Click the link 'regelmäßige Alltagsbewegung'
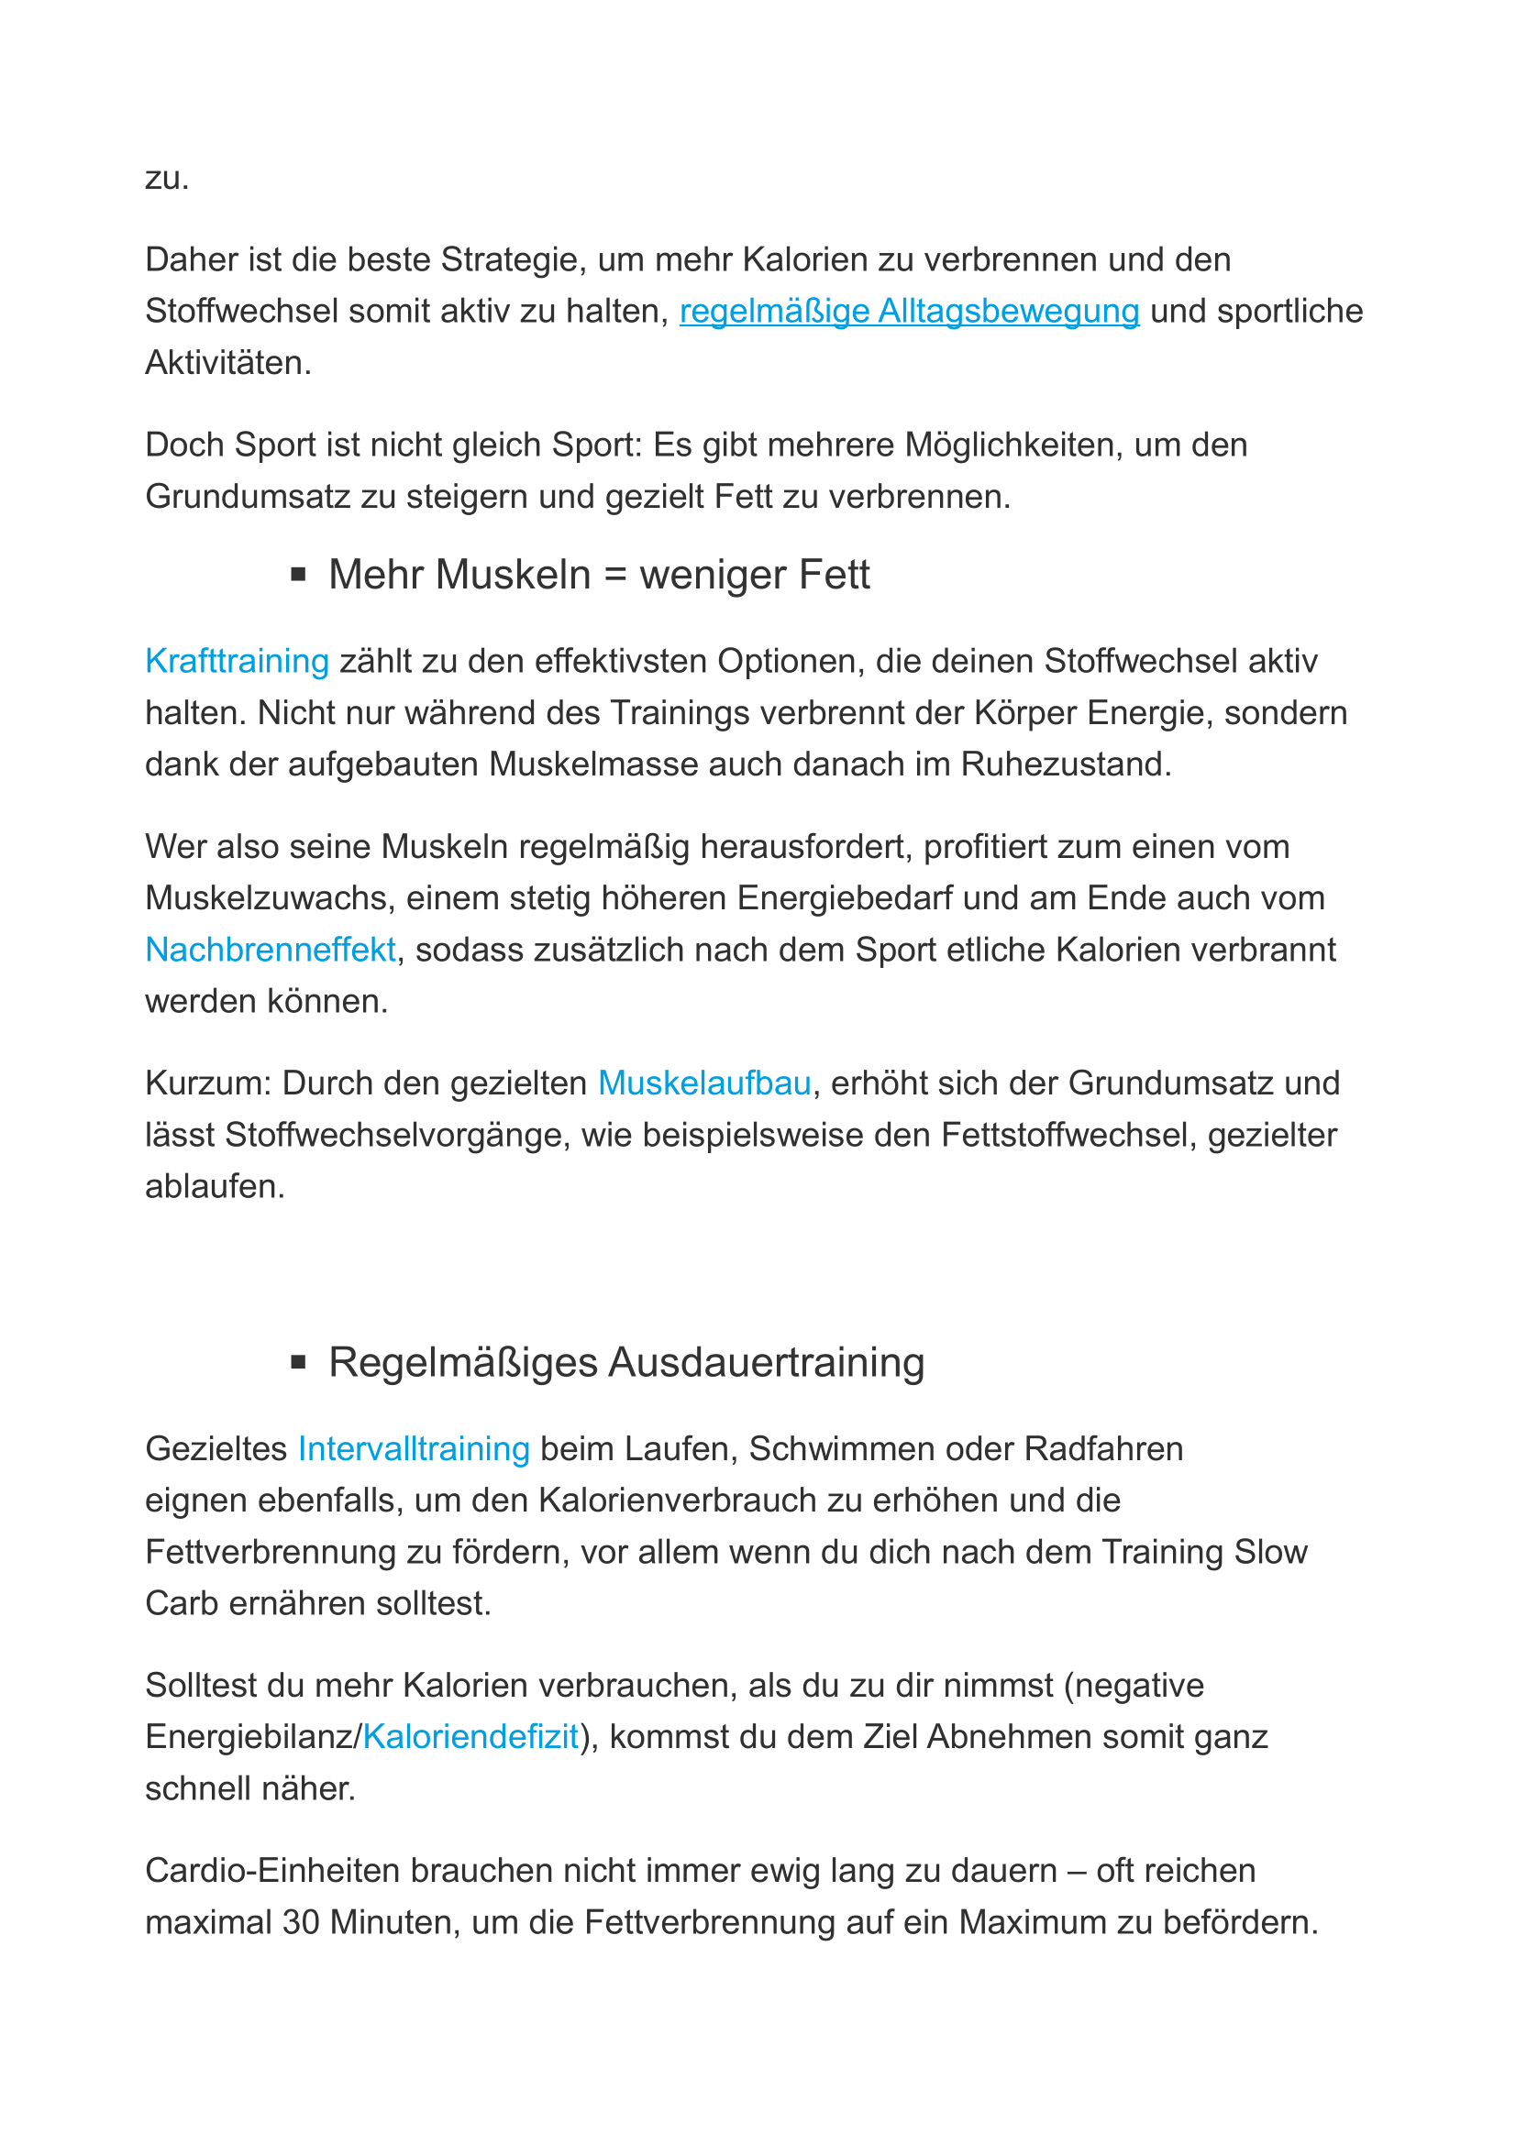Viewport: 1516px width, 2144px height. pyautogui.click(x=909, y=311)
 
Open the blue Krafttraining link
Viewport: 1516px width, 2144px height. pyautogui.click(x=238, y=661)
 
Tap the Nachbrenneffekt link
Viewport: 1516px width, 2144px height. pyautogui.click(x=271, y=950)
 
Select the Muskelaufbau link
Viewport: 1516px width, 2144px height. pyautogui.click(x=704, y=1083)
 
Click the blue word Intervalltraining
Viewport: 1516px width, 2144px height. pyautogui.click(x=414, y=1448)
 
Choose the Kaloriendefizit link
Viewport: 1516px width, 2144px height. pyautogui.click(x=470, y=1737)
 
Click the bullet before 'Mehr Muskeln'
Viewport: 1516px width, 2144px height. pyautogui.click(x=299, y=575)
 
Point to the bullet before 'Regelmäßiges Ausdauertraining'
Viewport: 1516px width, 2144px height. pyautogui.click(x=299, y=1362)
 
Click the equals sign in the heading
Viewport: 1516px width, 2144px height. pyautogui.click(x=614, y=576)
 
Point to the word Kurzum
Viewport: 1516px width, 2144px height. pyautogui.click(x=208, y=1083)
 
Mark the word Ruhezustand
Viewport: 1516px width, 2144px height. pyautogui.click(x=1066, y=764)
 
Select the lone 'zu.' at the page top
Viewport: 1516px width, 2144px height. pyautogui.click(x=167, y=178)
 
